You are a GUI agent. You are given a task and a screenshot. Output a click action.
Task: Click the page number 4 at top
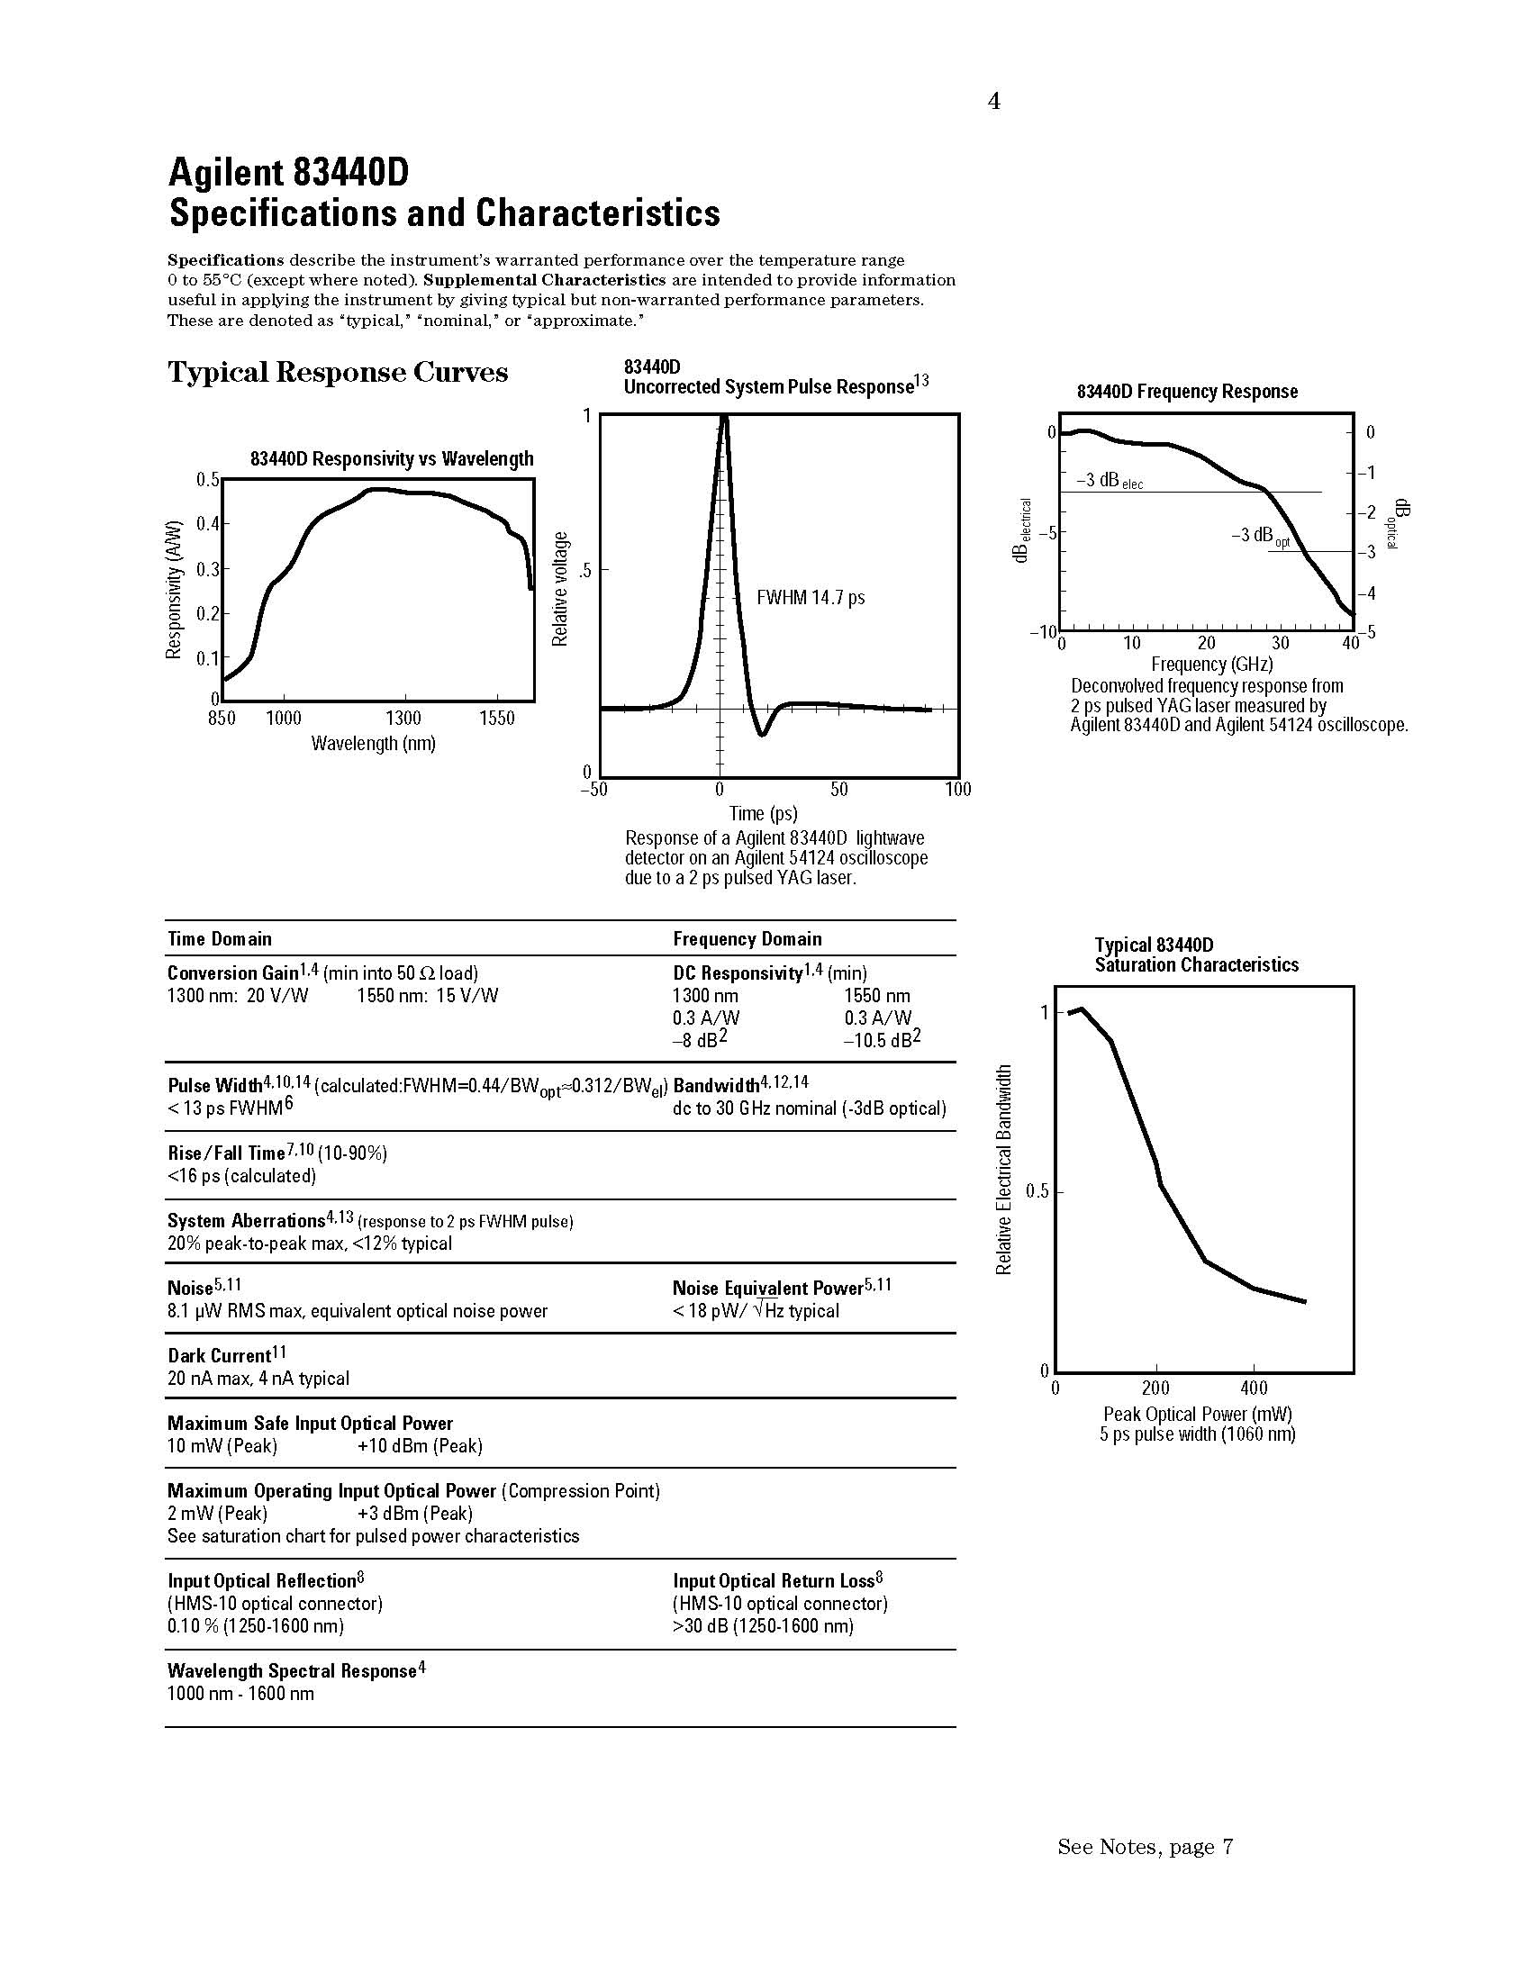(x=994, y=102)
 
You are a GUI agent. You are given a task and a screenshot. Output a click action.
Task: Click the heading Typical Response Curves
(x=338, y=373)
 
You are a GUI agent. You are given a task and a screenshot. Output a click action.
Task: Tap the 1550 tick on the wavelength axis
(x=496, y=719)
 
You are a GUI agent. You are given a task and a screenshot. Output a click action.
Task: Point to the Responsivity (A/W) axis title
(x=174, y=590)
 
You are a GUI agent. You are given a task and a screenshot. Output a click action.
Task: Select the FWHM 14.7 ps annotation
(x=810, y=598)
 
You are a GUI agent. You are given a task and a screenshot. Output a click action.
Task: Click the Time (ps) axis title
(x=763, y=813)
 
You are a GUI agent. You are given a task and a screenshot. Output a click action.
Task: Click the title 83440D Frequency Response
(x=1186, y=392)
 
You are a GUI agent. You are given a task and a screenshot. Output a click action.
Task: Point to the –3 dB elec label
(x=1109, y=481)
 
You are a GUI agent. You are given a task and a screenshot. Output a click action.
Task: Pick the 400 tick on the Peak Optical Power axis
(x=1254, y=1388)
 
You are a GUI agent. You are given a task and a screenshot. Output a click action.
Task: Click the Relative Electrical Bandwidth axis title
(x=1003, y=1170)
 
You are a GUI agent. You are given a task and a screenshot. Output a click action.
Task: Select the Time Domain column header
(x=220, y=939)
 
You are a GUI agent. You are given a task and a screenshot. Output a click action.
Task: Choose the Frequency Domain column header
(x=747, y=939)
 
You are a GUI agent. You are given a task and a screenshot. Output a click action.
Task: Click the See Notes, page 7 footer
(x=1145, y=1847)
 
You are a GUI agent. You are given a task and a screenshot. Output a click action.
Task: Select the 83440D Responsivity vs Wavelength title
(x=392, y=460)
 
